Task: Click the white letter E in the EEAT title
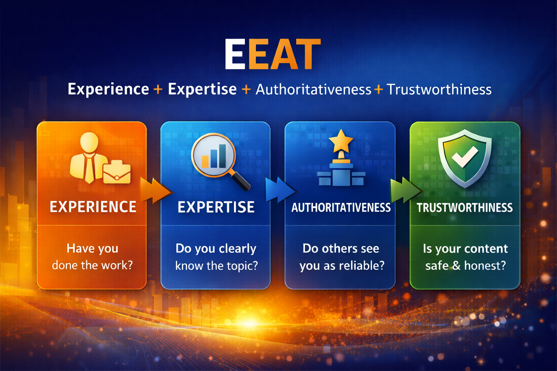coord(235,54)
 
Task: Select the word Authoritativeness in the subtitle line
coord(313,90)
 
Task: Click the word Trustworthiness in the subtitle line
coord(439,90)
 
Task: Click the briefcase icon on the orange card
coord(117,172)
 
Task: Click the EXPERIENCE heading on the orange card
coord(93,207)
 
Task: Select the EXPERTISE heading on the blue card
coord(216,207)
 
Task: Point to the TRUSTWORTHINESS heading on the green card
coord(465,208)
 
